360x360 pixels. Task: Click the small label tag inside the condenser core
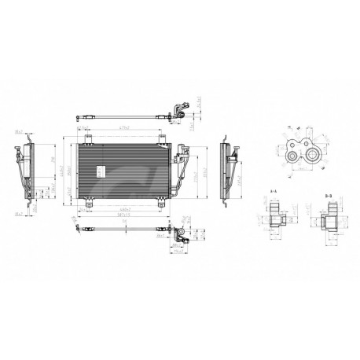click(x=100, y=171)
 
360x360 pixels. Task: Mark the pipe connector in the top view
click(x=178, y=109)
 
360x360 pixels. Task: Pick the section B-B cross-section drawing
click(x=329, y=215)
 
